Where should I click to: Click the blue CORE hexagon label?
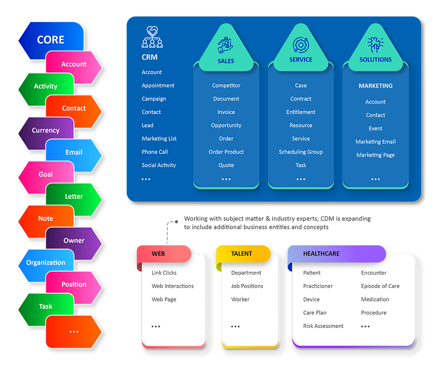coord(51,40)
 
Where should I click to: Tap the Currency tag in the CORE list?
coord(45,130)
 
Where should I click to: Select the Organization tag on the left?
coord(45,263)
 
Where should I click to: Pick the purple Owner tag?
coord(74,241)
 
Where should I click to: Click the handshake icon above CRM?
coord(152,37)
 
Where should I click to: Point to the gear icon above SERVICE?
coord(301,45)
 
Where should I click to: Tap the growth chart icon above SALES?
coord(225,45)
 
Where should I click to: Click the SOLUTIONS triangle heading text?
coord(375,60)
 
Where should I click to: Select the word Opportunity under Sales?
coord(226,126)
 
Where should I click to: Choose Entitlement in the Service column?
coord(301,112)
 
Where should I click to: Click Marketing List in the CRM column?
coord(159,139)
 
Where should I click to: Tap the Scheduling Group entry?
coord(301,152)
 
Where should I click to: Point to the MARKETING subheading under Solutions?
coord(375,86)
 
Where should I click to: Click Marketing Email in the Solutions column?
coord(375,142)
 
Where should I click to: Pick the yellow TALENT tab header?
coord(242,254)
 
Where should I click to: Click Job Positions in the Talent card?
coord(247,286)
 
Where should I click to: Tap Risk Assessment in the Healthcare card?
coord(323,326)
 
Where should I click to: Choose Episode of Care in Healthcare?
coord(380,286)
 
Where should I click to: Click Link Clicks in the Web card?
coord(164,273)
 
